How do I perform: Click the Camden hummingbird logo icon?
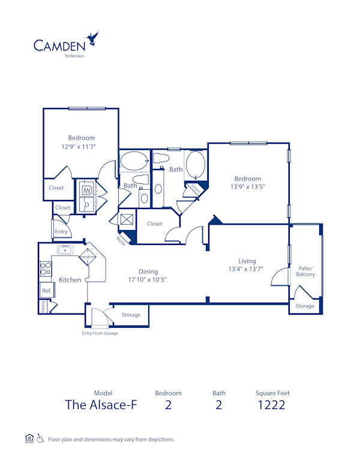(x=92, y=40)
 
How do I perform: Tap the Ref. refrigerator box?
(x=46, y=291)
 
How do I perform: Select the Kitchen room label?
(x=70, y=280)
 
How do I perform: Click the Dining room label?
(x=148, y=271)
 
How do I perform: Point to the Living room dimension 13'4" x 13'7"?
(x=247, y=269)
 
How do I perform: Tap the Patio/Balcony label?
(x=305, y=271)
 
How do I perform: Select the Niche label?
(x=121, y=241)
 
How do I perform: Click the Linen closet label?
(x=196, y=188)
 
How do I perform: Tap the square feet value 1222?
(x=272, y=404)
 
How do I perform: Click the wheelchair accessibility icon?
(x=40, y=439)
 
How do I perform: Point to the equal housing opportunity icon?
(x=29, y=438)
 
